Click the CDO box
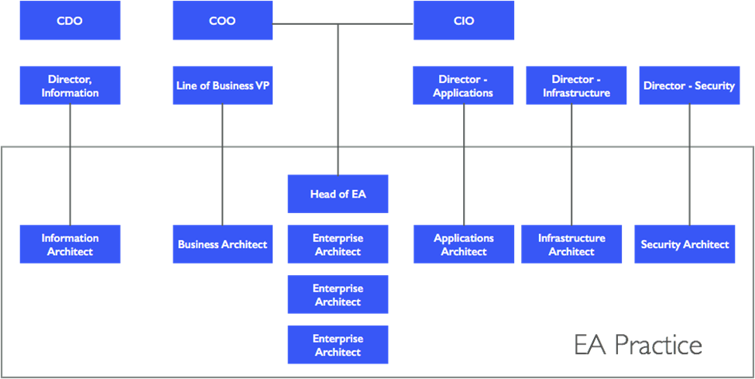70,20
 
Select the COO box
222,20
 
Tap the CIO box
464,20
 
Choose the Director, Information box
70,85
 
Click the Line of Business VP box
222,85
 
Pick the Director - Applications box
464,85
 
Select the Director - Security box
688,85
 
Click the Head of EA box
338,194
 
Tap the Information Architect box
70,244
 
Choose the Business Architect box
222,244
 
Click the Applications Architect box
464,244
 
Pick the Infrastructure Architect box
571,244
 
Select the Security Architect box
685,244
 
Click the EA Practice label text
638,345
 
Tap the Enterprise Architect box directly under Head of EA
338,244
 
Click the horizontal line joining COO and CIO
372,25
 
